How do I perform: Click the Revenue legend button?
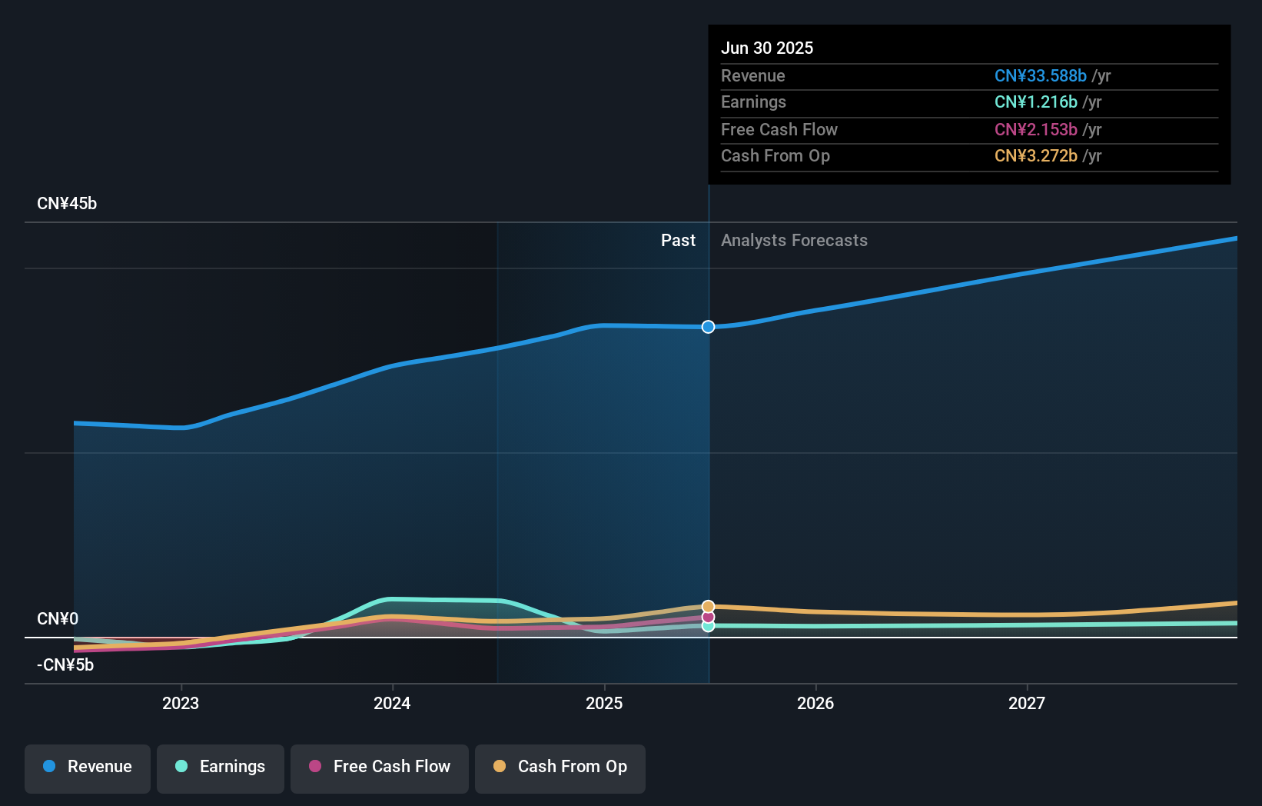click(88, 767)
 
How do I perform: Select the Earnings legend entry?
click(221, 767)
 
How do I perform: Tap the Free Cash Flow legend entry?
click(380, 767)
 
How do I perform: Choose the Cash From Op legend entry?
click(560, 767)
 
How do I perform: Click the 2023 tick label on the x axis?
click(181, 703)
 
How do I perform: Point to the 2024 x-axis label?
click(392, 703)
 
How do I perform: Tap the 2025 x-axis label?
click(604, 703)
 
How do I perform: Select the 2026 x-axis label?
click(815, 703)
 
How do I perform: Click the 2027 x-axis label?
click(1027, 703)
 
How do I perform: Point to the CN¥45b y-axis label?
click(67, 204)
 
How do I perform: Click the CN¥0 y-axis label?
click(58, 619)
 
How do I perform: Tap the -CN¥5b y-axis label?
click(65, 665)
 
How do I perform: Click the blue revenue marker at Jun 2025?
click(708, 327)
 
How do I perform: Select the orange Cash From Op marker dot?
click(708, 607)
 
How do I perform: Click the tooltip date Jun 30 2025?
click(767, 48)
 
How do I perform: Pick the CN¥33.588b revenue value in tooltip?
click(1040, 75)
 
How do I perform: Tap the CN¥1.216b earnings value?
click(1035, 102)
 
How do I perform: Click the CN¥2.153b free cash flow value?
click(1035, 129)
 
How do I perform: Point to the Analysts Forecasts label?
click(794, 241)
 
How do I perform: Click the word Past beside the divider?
click(678, 241)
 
